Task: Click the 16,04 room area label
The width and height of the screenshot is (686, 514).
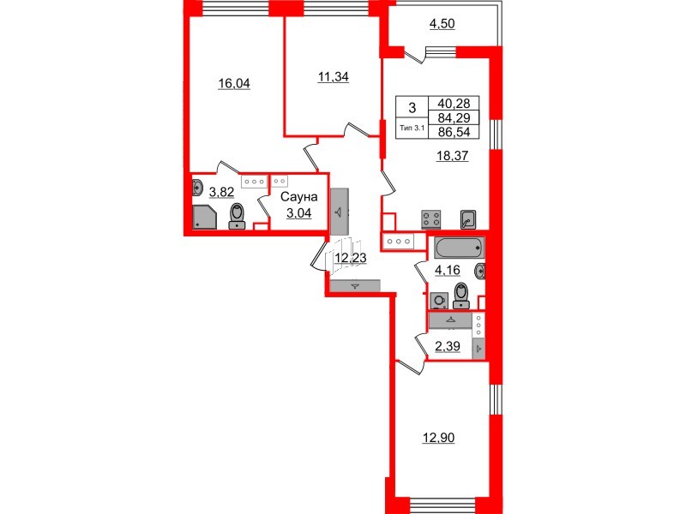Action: [x=234, y=84]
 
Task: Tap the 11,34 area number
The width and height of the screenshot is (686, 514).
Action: [x=333, y=76]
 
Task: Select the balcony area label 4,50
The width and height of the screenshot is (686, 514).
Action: [x=442, y=24]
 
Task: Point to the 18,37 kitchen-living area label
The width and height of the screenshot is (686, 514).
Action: [x=454, y=157]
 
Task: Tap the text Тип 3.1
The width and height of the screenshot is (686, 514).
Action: [x=412, y=128]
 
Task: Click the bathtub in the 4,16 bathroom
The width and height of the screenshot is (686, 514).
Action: [x=459, y=249]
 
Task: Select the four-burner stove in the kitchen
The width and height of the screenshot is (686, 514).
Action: [x=430, y=218]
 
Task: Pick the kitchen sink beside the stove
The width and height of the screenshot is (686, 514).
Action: [x=468, y=218]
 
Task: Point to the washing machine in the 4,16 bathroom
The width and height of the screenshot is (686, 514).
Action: [x=439, y=301]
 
